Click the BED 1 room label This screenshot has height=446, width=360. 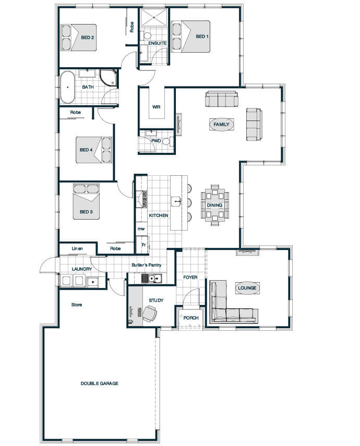click(x=202, y=37)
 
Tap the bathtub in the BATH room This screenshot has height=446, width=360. click(x=67, y=87)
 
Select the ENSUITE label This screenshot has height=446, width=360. click(x=158, y=43)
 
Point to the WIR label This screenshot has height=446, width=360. click(x=156, y=107)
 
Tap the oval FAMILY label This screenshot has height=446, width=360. click(x=221, y=124)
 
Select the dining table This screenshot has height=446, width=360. click(x=215, y=205)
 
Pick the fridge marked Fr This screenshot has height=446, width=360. click(x=142, y=244)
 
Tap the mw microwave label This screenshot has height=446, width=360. click(x=141, y=228)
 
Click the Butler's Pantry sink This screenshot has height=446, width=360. click(x=152, y=278)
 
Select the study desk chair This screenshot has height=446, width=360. click(x=150, y=314)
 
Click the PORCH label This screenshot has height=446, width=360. click(x=190, y=318)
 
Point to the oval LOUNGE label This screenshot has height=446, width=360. click(x=247, y=288)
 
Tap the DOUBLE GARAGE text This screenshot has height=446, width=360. click(x=99, y=383)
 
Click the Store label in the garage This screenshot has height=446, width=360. click(x=77, y=305)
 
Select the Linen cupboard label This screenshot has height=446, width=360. click(x=77, y=249)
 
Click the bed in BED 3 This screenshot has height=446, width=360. click(x=86, y=202)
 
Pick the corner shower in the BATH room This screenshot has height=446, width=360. click(x=108, y=77)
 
